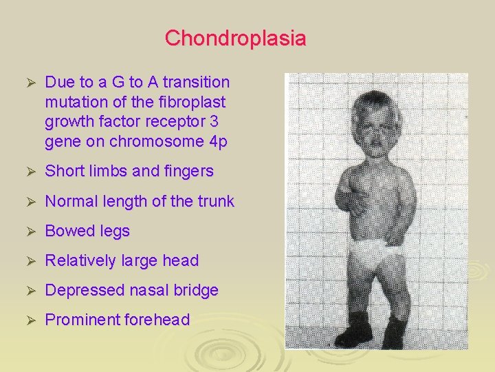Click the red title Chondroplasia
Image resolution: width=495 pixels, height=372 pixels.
[x=235, y=38]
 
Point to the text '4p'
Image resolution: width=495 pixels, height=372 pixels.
[x=218, y=143]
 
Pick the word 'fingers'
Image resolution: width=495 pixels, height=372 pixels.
[x=186, y=171]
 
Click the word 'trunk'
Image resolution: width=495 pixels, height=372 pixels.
[x=216, y=201]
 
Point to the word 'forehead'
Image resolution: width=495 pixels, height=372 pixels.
[x=156, y=320]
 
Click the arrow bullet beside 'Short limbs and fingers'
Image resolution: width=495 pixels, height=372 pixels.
[x=29, y=172]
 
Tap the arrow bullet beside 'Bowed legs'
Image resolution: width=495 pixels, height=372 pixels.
[x=29, y=231]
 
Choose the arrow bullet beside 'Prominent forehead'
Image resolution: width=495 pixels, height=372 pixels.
[x=29, y=320]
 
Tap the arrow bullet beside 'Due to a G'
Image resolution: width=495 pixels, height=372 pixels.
[x=29, y=83]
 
